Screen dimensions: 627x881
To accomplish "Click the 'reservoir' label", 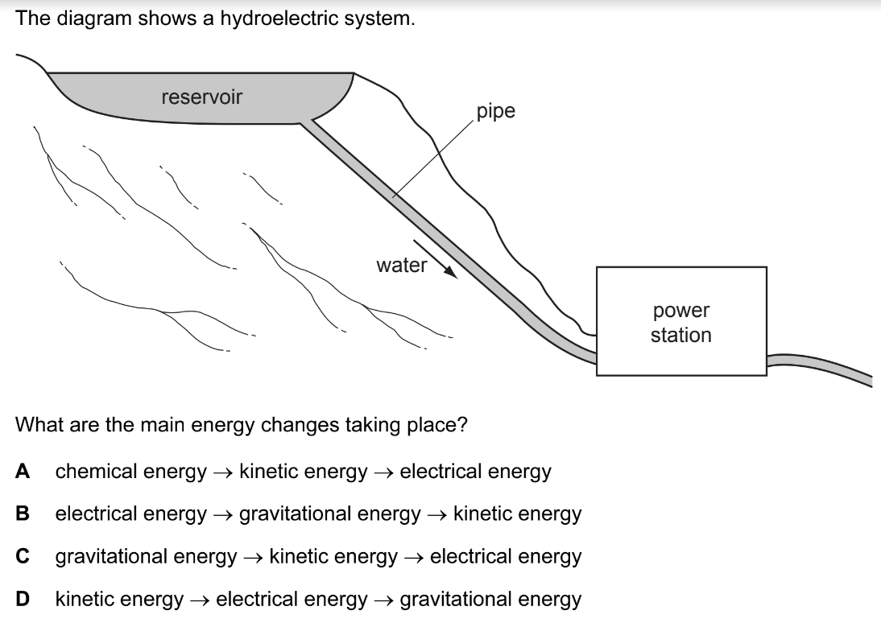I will pyautogui.click(x=201, y=97).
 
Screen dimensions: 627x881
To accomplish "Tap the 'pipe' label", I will pyautogui.click(x=495, y=111).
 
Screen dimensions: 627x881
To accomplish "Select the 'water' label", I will pyautogui.click(x=402, y=265).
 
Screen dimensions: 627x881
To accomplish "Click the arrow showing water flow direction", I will pyautogui.click(x=436, y=258).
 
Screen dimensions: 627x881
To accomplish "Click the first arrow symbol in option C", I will pyautogui.click(x=253, y=557).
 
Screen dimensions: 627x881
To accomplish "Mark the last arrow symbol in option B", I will pyautogui.click(x=437, y=514).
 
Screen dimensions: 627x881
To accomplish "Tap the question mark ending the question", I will pyautogui.click(x=462, y=424).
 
